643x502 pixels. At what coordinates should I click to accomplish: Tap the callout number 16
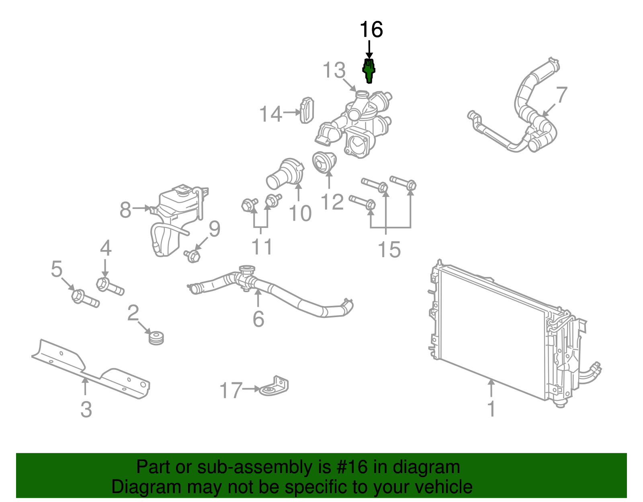tap(371, 30)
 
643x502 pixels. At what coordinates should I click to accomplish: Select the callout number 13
tap(334, 70)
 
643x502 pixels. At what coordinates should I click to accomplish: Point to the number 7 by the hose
tap(561, 95)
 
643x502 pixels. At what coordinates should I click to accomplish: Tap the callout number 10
tap(300, 213)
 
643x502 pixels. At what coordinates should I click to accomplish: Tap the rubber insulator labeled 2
tap(156, 337)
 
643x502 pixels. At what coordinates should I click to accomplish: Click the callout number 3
tap(86, 410)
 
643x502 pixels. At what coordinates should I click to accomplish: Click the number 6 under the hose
tap(258, 319)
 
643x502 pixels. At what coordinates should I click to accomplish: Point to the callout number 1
tap(491, 409)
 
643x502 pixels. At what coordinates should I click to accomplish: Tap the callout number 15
tap(389, 249)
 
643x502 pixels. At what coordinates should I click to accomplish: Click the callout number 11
tap(262, 246)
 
